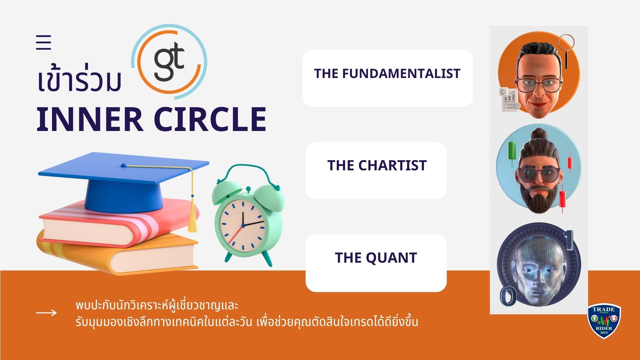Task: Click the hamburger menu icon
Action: (43, 42)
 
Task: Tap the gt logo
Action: (169, 62)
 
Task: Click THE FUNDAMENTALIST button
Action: (388, 78)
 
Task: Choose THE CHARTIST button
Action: (376, 170)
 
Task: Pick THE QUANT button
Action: (376, 263)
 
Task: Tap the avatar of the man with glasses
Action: (538, 76)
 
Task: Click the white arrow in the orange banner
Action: (46, 313)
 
